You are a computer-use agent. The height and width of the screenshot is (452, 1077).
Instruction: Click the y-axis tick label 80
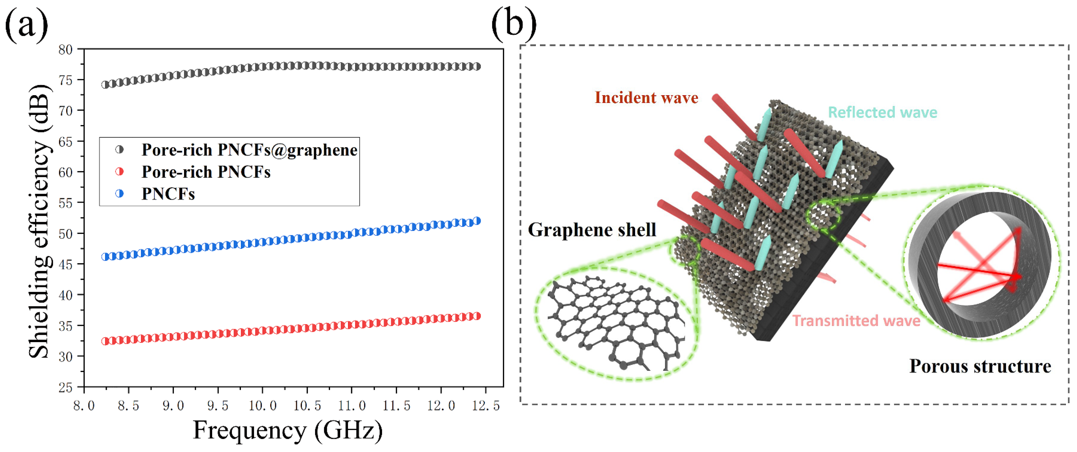(65, 50)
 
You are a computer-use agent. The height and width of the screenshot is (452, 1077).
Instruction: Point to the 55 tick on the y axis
(65, 203)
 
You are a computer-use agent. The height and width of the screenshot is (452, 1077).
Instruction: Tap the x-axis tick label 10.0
(262, 406)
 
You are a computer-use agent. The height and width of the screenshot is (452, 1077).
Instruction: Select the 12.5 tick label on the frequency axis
(485, 406)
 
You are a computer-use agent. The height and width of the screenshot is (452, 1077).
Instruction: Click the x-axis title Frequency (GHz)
(287, 430)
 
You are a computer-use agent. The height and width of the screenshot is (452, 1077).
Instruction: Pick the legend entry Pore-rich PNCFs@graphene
(249, 150)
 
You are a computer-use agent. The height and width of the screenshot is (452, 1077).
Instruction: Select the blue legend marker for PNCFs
(119, 194)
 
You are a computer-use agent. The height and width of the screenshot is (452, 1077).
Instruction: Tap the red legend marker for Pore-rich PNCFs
(119, 172)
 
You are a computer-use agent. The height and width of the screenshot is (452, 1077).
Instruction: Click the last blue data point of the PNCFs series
(477, 221)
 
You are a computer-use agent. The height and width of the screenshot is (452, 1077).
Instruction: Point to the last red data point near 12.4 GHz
(477, 316)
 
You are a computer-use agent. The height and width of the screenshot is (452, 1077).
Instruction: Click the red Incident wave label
(646, 97)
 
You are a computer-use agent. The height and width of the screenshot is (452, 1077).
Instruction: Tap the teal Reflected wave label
(882, 112)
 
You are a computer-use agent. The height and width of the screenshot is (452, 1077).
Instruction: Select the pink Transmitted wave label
(856, 321)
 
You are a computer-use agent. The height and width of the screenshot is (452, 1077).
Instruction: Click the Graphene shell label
(592, 230)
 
